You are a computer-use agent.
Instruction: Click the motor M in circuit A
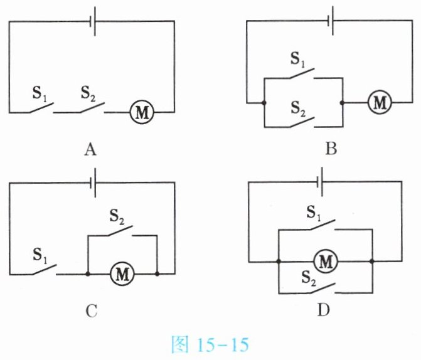click(x=141, y=112)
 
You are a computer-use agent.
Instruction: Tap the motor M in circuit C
click(x=122, y=273)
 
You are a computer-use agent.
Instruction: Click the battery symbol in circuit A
click(x=93, y=22)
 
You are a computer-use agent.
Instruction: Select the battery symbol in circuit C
click(x=93, y=184)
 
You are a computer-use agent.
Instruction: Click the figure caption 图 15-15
click(x=210, y=344)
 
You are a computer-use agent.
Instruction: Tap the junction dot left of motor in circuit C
click(x=87, y=274)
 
